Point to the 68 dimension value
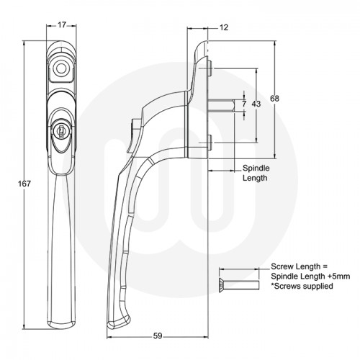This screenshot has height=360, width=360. pos(274,98)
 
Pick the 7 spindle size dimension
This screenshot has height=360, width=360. pos(244,105)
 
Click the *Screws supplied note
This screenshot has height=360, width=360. pos(302,286)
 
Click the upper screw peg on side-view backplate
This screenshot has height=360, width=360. pos(207,71)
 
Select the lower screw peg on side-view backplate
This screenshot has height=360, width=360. pos(207,140)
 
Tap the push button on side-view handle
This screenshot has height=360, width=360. pos(130,135)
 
